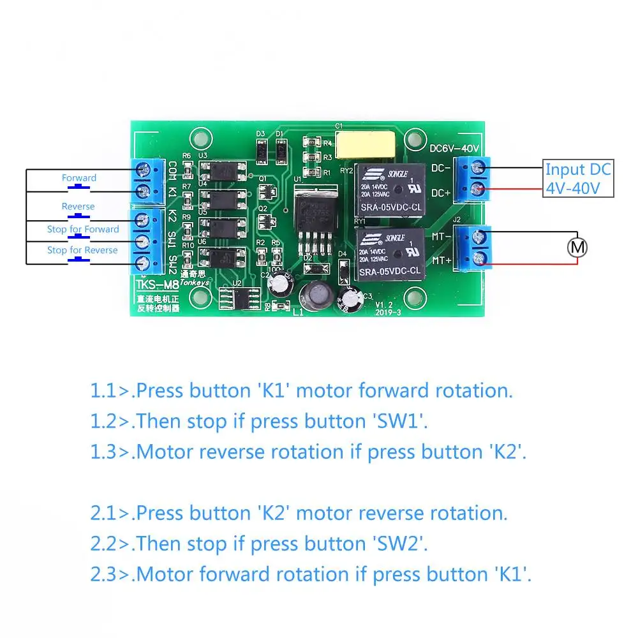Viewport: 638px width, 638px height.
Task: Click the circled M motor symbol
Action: pos(577,247)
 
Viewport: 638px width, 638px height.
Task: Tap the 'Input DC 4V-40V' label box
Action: pos(577,179)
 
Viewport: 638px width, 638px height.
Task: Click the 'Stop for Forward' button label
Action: pos(83,229)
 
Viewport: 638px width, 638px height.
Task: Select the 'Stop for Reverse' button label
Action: pos(82,250)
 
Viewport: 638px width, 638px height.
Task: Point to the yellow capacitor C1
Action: pos(366,144)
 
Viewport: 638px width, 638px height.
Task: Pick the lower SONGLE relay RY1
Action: pos(389,253)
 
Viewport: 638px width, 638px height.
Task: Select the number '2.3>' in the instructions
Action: pos(110,574)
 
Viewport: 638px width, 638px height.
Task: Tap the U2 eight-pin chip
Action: pos(237,297)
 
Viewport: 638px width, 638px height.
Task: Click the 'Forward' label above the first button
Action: pos(79,178)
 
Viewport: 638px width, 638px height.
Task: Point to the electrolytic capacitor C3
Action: pos(351,299)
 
